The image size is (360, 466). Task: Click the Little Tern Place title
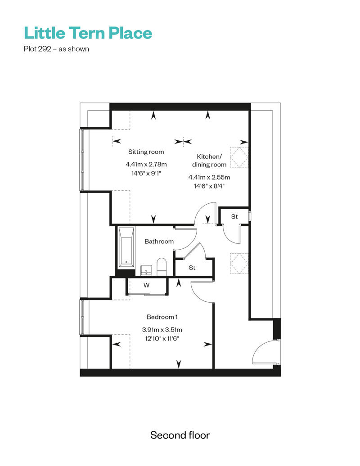point(88,33)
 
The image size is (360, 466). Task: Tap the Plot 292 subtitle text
point(56,49)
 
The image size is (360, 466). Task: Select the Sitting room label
point(146,152)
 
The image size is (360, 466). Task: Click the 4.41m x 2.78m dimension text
point(146,164)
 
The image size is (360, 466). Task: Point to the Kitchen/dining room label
point(209,161)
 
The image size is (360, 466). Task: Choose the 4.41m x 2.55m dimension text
point(209,177)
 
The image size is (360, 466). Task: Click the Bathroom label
point(159,241)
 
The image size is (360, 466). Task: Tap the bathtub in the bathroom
point(126,247)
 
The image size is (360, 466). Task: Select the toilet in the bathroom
point(162,267)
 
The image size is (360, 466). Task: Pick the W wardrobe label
point(147,285)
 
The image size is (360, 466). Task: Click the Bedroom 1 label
point(162,317)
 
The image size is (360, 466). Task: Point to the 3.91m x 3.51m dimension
point(162,330)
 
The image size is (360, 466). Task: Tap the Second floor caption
point(180,435)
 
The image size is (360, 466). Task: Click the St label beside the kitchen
point(234,217)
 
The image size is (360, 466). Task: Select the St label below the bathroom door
point(192,268)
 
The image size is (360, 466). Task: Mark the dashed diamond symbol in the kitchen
point(239,157)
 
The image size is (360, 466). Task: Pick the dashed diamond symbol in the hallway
point(239,263)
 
